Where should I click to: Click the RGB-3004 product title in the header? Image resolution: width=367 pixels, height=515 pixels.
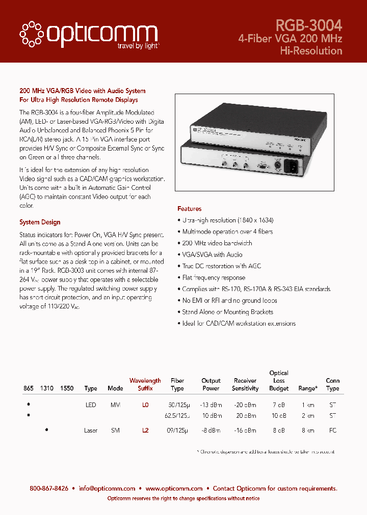point(308,25)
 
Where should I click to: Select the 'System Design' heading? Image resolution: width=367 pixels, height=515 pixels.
point(40,222)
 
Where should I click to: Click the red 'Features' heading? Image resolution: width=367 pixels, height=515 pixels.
point(189,209)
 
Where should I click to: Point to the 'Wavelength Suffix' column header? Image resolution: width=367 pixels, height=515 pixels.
point(145,384)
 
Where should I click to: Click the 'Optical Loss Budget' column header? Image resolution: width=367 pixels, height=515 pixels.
point(278,381)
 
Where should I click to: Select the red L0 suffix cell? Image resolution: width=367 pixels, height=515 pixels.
point(145,405)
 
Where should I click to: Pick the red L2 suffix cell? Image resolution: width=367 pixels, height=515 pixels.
point(145,430)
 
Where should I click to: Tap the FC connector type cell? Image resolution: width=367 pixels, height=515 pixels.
point(332,430)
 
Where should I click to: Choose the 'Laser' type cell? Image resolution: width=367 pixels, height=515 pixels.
point(91,430)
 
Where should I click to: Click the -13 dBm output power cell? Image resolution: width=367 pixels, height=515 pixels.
point(211,405)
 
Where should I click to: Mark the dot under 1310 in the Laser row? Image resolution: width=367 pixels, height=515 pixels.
point(47,429)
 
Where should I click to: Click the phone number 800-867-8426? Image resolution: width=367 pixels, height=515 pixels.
point(49,489)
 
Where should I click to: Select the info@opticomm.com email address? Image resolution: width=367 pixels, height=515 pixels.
point(107,489)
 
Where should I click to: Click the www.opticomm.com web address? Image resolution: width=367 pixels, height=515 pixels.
point(174,489)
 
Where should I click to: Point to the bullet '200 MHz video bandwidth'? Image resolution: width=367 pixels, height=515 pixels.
point(217,243)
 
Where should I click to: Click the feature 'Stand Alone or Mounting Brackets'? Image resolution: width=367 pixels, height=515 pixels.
point(227,312)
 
